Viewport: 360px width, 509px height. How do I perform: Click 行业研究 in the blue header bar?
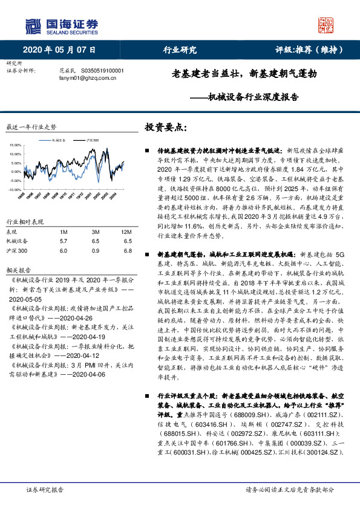point(180,50)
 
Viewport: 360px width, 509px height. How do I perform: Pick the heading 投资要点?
point(166,128)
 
